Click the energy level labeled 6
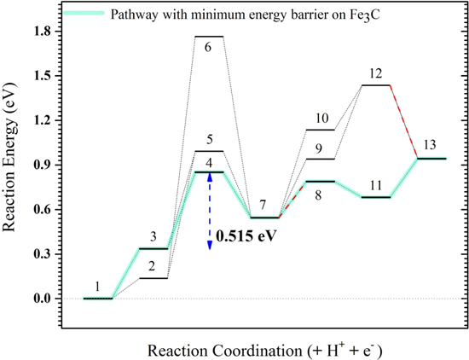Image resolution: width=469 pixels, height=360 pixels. tap(209, 37)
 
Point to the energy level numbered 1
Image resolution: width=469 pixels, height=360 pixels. tap(98, 299)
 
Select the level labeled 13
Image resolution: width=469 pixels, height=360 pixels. tap(432, 158)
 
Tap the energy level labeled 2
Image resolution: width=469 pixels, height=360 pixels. tap(153, 278)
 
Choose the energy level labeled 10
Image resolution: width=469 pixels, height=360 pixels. tap(321, 130)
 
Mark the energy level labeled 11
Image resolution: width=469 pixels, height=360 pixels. tap(377, 197)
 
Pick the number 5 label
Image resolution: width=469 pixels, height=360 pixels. tap(209, 140)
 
